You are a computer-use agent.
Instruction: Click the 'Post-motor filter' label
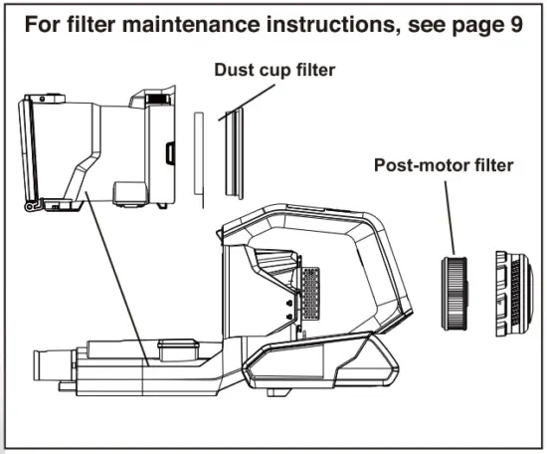[443, 165]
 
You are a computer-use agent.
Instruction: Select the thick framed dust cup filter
[232, 149]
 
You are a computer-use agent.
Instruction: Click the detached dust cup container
[99, 149]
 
